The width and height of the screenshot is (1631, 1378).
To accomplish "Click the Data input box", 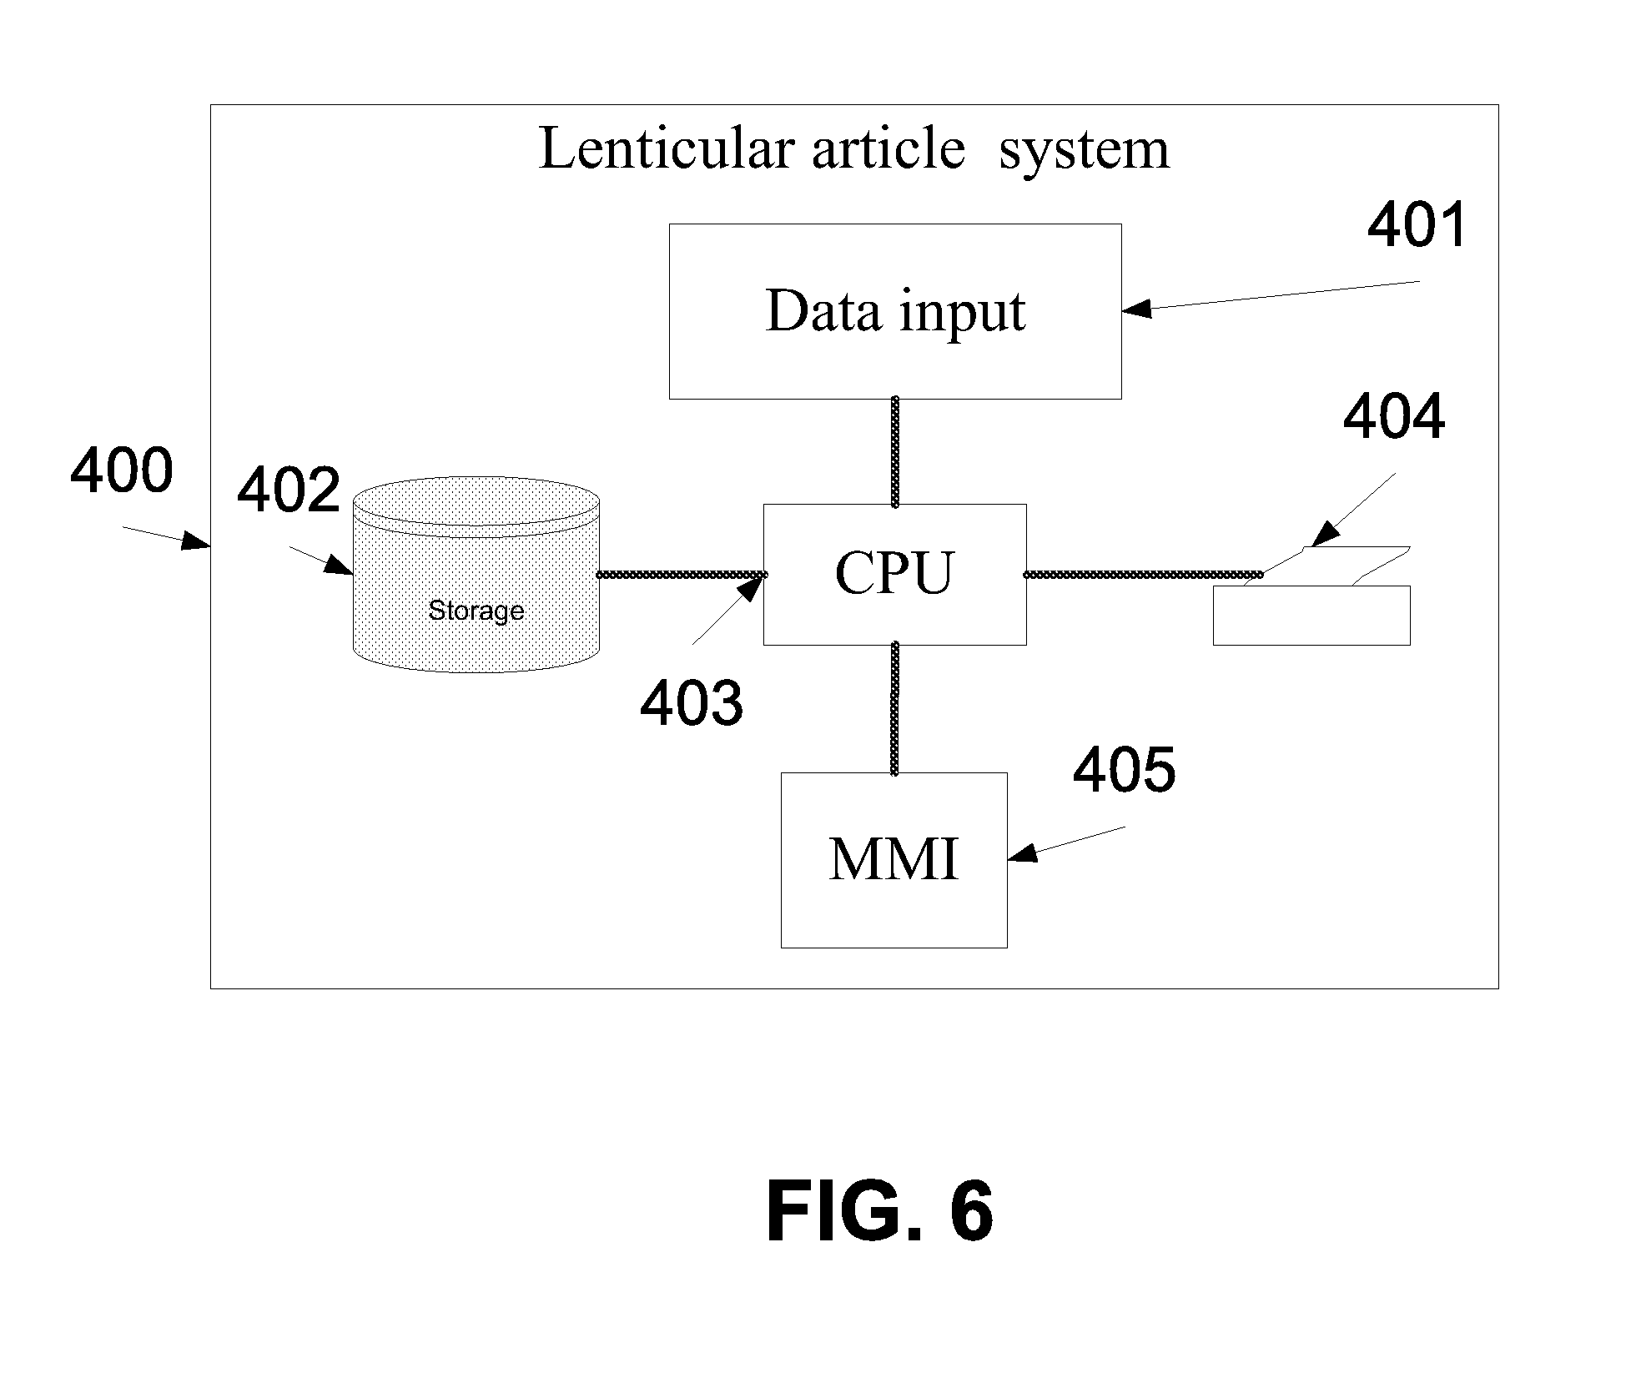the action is click(895, 311).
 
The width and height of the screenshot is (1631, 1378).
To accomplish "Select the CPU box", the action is click(894, 574).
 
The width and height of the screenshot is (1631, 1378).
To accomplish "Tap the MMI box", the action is click(894, 860).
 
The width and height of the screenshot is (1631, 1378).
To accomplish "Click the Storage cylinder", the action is click(476, 575).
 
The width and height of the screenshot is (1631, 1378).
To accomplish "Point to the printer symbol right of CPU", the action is click(1311, 596).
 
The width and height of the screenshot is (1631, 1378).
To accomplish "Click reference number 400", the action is click(122, 471).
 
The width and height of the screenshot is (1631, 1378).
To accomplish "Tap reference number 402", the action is click(289, 490).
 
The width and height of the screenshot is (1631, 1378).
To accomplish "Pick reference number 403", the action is click(692, 702).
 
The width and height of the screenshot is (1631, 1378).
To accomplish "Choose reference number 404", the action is click(1394, 417).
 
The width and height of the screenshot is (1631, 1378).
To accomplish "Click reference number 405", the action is click(1125, 770).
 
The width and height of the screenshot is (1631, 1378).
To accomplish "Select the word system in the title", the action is click(1085, 152).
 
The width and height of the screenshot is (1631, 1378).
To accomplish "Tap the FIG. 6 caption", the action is click(880, 1212).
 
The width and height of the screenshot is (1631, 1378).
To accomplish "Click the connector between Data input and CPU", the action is click(895, 451).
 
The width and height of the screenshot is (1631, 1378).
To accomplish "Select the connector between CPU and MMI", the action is click(894, 709).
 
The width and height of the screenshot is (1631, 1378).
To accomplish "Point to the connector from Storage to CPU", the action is click(682, 575).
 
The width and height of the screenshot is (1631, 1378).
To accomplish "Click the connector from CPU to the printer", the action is click(1143, 575).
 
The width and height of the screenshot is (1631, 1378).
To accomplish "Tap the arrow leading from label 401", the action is click(1271, 296).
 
